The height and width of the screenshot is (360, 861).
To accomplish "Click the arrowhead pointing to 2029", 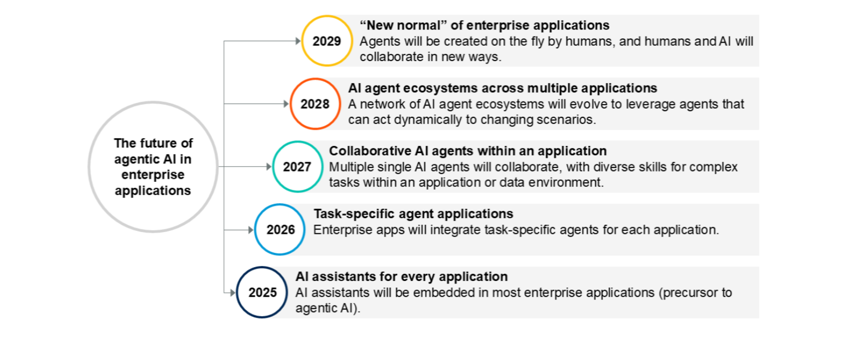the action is click(298, 41).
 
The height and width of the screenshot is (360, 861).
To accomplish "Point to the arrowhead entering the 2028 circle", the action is click(286, 104).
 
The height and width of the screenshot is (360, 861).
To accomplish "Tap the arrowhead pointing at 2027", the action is click(269, 167).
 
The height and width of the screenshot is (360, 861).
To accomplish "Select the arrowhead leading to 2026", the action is click(251, 230).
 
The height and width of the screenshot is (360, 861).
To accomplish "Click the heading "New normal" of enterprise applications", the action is click(484, 25).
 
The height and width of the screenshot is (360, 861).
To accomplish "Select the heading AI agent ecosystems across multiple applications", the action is click(502, 88).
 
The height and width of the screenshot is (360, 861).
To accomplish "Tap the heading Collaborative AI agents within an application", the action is click(468, 151).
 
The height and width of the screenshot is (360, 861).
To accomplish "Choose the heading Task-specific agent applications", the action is click(413, 214).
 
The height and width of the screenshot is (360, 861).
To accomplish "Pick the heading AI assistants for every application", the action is click(401, 276).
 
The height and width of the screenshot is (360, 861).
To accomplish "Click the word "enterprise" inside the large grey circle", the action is click(153, 175).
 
